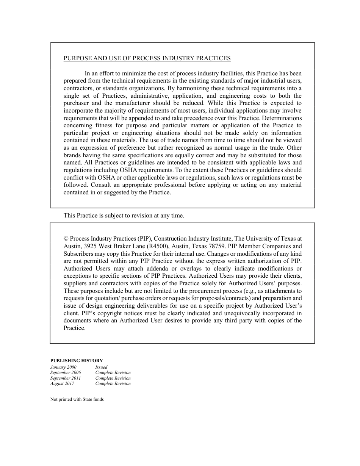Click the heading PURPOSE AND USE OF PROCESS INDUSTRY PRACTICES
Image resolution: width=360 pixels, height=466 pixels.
tap(147, 58)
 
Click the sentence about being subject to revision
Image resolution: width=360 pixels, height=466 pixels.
tap(124, 216)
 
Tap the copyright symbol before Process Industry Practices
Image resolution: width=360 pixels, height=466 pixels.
tap(66, 239)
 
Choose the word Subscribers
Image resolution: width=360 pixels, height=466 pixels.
tap(80, 253)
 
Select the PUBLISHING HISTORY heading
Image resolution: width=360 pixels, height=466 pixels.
tap(77, 361)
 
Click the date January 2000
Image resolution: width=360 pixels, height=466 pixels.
tap(63, 367)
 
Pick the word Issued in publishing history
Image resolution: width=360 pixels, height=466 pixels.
tap(101, 367)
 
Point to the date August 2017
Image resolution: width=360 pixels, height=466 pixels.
tap(62, 383)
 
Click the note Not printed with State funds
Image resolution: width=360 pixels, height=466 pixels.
tap(77, 399)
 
